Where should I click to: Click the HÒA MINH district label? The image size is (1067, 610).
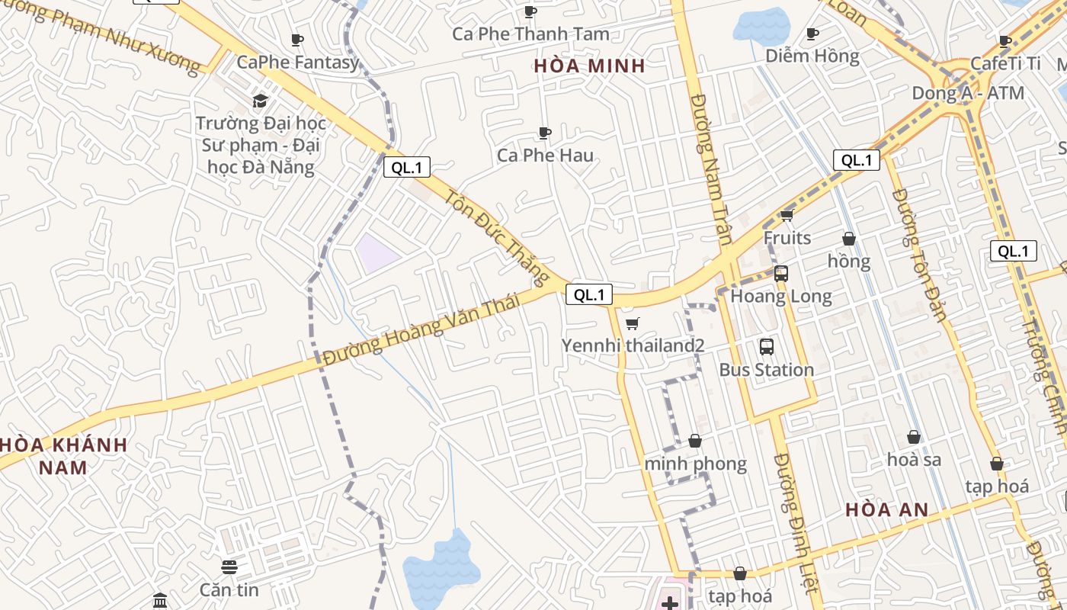pyautogui.click(x=589, y=66)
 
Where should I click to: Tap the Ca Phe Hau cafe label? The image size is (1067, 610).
pyautogui.click(x=545, y=156)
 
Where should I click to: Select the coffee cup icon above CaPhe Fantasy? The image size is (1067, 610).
pyautogui.click(x=297, y=40)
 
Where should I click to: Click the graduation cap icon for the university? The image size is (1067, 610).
pyautogui.click(x=261, y=101)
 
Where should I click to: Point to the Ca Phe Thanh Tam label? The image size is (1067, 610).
pyautogui.click(x=530, y=34)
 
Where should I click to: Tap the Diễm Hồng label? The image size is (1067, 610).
pyautogui.click(x=812, y=56)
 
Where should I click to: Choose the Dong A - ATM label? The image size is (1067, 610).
pyautogui.click(x=968, y=93)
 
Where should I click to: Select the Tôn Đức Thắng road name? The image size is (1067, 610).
pyautogui.click(x=496, y=234)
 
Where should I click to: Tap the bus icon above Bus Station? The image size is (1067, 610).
pyautogui.click(x=767, y=347)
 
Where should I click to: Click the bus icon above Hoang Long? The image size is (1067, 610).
pyautogui.click(x=781, y=274)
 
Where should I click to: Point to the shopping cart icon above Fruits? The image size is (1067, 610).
pyautogui.click(x=787, y=216)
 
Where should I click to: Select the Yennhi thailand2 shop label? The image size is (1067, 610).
pyautogui.click(x=633, y=345)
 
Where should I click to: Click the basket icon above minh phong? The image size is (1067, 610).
pyautogui.click(x=695, y=441)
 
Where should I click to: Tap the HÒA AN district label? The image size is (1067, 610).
pyautogui.click(x=887, y=509)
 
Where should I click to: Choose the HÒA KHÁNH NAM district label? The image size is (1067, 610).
pyautogui.click(x=64, y=455)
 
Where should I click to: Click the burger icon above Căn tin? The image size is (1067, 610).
pyautogui.click(x=229, y=567)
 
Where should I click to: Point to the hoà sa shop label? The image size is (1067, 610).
pyautogui.click(x=914, y=460)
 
